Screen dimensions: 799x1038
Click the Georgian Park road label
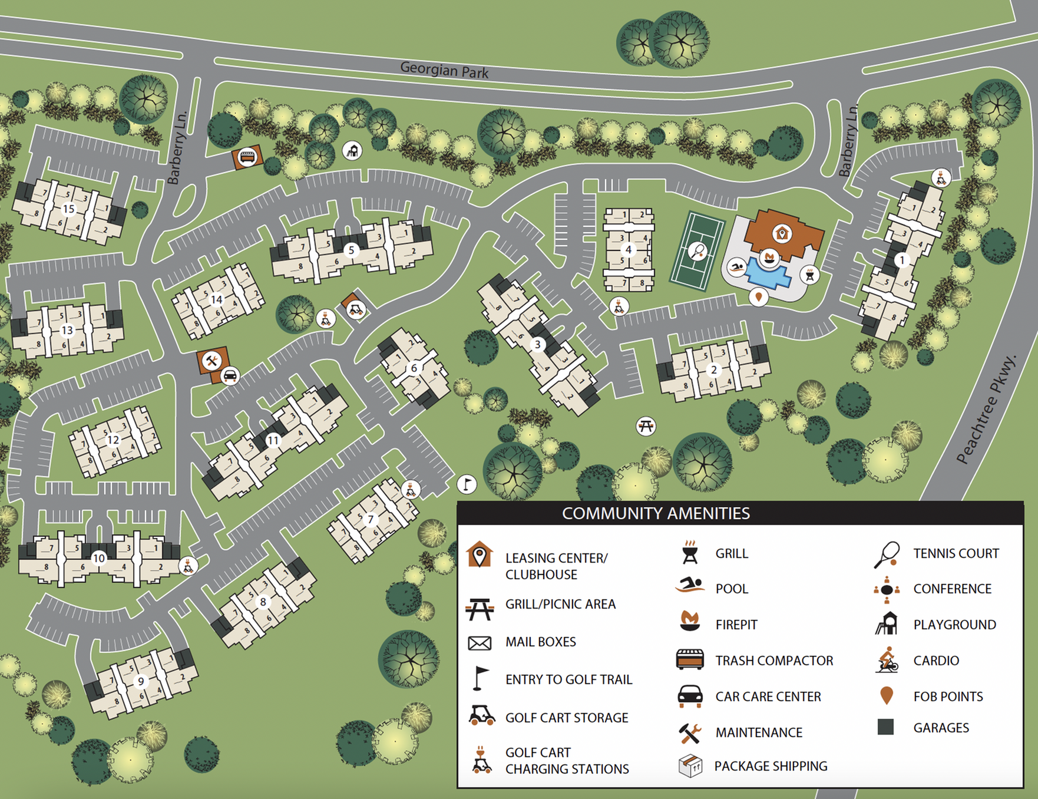coord(444,70)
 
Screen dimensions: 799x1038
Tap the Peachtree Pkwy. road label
coord(987,409)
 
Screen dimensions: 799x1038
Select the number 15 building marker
coord(68,209)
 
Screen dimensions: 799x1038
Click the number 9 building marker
coord(140,681)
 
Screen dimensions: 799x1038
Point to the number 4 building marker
coord(629,250)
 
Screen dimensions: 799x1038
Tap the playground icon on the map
coord(352,151)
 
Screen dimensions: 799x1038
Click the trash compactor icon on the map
coord(247,157)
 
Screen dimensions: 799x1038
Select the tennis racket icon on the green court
coord(697,251)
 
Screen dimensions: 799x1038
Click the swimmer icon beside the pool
coord(736,268)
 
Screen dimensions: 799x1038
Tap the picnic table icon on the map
coord(646,425)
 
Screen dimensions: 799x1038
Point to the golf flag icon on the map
coord(467,484)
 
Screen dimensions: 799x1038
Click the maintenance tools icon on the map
coord(211,360)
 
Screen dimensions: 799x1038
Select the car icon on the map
coord(230,375)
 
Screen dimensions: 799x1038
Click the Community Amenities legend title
coord(656,513)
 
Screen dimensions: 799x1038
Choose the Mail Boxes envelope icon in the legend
coord(480,642)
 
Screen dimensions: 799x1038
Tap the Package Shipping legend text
coord(771,766)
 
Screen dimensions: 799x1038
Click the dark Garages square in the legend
coord(885,727)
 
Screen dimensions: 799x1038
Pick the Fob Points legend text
coord(948,696)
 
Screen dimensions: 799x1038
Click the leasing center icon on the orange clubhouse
coord(782,233)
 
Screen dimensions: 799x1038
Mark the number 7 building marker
coord(371,520)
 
